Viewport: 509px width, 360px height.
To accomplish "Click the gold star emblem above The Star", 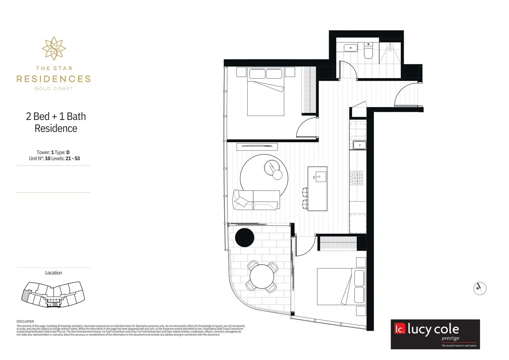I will pos(54,49).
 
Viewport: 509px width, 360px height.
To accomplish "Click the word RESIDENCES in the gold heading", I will pos(54,79).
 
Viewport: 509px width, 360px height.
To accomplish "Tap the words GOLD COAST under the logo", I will pos(54,89).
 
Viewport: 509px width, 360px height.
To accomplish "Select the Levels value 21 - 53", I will pos(73,159).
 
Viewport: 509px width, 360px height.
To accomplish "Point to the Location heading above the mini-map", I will pos(54,273).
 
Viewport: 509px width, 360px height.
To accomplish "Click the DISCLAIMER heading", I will pos(25,322).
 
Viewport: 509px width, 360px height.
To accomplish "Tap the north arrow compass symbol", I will pos(480,288).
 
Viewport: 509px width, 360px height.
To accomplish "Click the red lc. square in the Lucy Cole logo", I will pos(400,329).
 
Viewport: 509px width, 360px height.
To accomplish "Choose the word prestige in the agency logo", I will pos(450,338).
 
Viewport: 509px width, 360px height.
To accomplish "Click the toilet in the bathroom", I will pos(368,51).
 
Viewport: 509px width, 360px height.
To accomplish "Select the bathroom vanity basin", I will pos(350,48).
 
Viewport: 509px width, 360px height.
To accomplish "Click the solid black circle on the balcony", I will pos(245,238).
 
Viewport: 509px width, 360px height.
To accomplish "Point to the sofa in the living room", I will pos(256,200).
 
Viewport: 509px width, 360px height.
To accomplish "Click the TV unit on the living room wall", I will pos(257,147).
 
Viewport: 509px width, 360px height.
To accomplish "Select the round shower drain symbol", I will pos(390,49).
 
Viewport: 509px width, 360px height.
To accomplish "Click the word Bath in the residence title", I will pos(76,116).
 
